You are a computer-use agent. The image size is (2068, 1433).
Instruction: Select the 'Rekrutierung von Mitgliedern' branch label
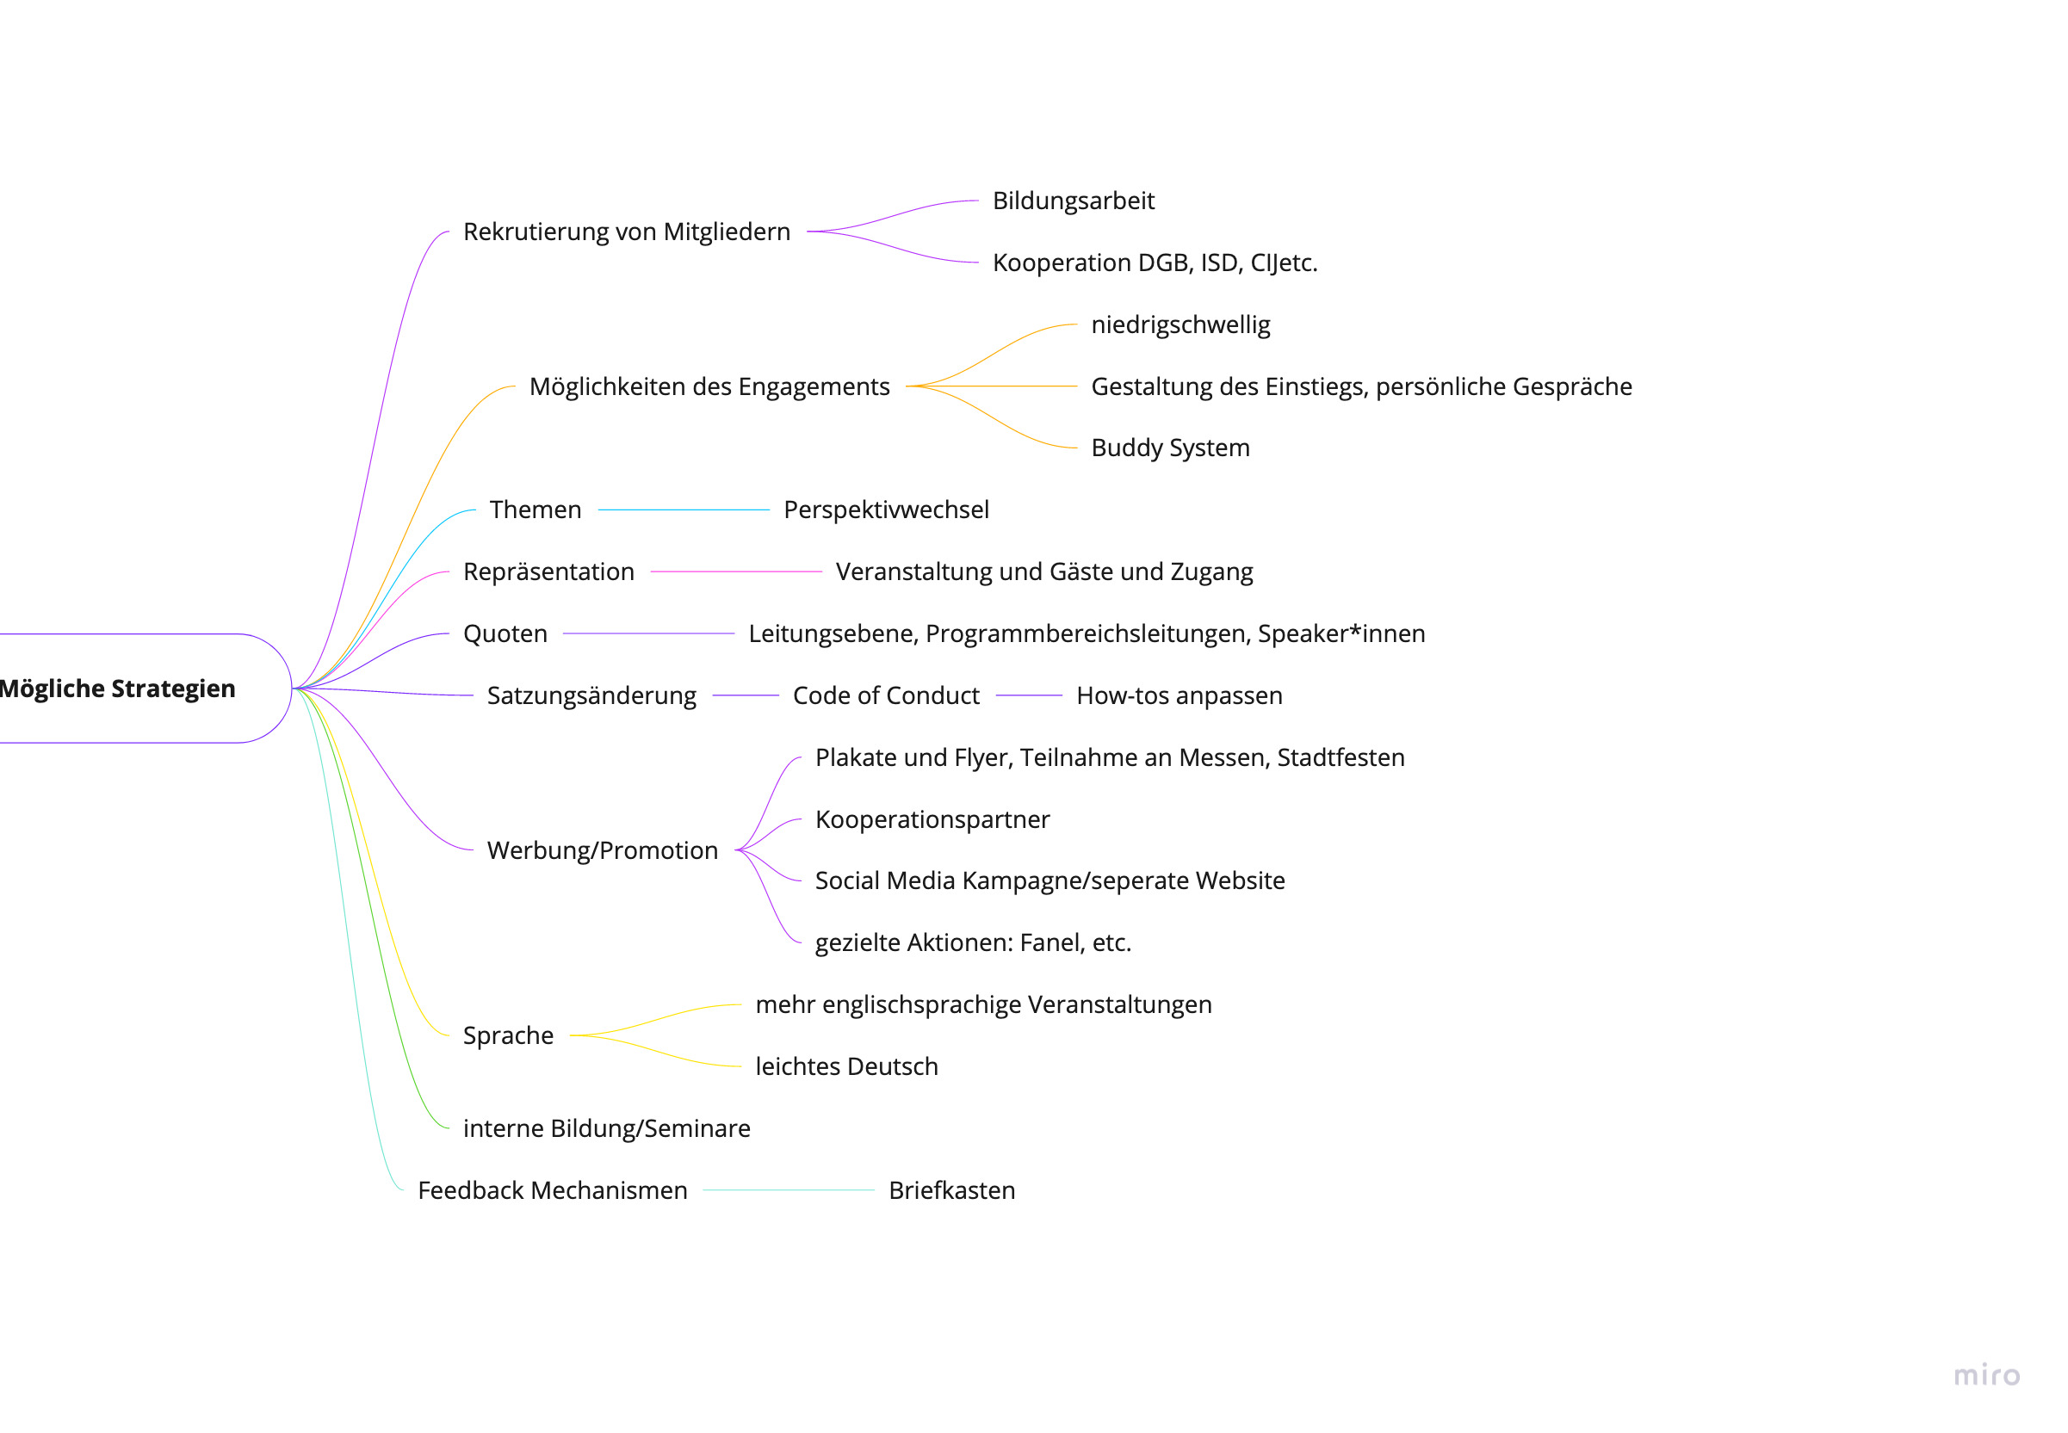point(626,232)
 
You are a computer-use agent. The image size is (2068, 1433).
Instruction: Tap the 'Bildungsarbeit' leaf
point(1072,201)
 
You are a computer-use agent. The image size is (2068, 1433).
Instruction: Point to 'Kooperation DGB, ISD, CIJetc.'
point(1154,263)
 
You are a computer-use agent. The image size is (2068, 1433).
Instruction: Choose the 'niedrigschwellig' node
point(1180,324)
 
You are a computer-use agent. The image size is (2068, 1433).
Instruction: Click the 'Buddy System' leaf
point(1169,448)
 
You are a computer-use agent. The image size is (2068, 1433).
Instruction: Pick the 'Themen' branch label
point(536,510)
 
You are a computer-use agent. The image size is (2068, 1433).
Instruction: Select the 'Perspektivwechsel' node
point(885,510)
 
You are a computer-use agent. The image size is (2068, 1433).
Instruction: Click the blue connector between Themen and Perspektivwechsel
point(683,510)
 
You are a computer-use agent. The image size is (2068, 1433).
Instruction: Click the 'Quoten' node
point(505,634)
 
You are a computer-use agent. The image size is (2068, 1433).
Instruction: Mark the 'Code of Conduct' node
point(885,696)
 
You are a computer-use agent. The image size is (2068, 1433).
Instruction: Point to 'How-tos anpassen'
point(1178,696)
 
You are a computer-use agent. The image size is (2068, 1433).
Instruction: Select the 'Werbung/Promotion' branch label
point(602,850)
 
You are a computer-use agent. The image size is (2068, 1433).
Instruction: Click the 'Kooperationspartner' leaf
point(932,819)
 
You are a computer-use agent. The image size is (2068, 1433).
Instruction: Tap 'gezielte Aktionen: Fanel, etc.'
point(973,942)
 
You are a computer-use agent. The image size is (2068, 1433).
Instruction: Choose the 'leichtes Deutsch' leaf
point(845,1066)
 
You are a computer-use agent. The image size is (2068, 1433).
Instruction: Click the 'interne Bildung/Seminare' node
point(606,1128)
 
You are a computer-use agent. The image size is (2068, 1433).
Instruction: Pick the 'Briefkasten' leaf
point(951,1190)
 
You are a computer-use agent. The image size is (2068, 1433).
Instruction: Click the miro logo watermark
point(1986,1375)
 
